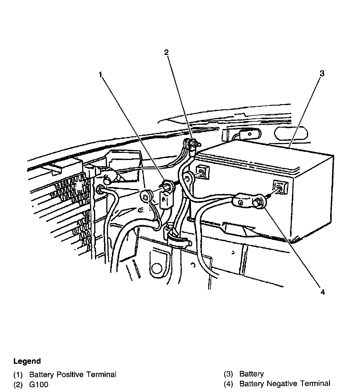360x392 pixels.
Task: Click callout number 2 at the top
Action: pyautogui.click(x=166, y=52)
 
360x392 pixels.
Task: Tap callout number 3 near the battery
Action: pyautogui.click(x=322, y=73)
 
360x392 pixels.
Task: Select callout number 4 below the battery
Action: pyautogui.click(x=322, y=292)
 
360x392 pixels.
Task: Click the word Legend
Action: pyautogui.click(x=27, y=361)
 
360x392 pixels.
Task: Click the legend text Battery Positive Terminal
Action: pyautogui.click(x=73, y=375)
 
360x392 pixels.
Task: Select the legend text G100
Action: pyautogui.click(x=39, y=384)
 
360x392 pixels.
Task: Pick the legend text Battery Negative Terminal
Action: pyautogui.click(x=285, y=383)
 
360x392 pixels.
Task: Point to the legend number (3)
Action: pyautogui.click(x=228, y=374)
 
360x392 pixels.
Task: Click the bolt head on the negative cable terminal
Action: pyautogui.click(x=258, y=202)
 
